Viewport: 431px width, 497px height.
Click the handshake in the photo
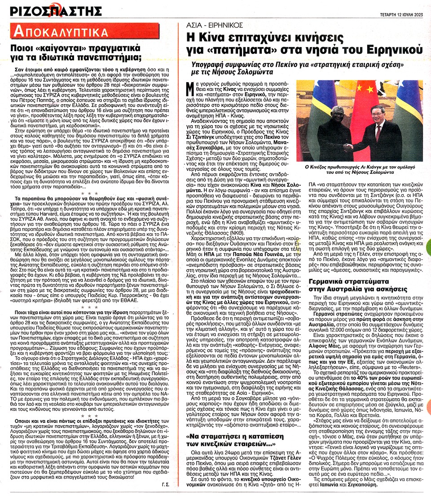(348, 147)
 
